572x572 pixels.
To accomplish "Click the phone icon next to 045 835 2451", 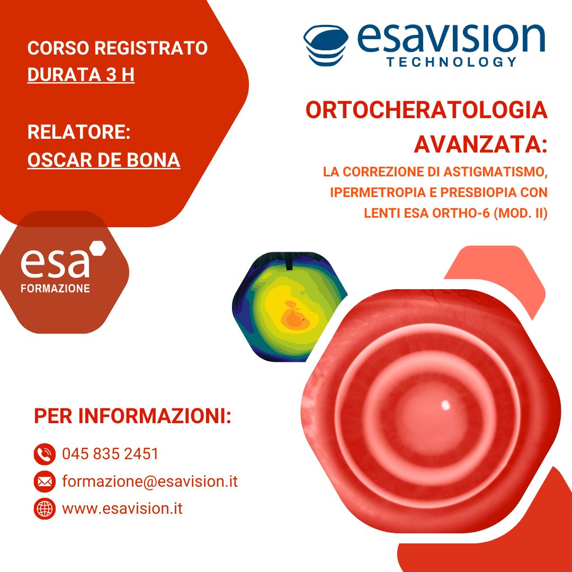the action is [x=44, y=454].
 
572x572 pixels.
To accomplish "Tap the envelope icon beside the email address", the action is [x=44, y=481].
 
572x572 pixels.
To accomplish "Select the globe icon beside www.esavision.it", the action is [x=44, y=508].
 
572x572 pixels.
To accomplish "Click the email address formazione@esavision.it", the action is [x=150, y=481].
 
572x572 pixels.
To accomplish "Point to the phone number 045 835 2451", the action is [x=111, y=454].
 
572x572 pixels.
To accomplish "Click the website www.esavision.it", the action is [x=122, y=508].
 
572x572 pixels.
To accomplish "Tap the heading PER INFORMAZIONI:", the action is [x=132, y=416].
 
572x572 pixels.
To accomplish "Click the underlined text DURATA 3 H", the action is [x=81, y=75].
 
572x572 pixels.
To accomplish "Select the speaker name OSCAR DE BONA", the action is [x=104, y=160].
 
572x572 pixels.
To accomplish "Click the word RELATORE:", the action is [x=79, y=132].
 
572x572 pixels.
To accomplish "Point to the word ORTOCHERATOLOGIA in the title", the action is [x=426, y=110].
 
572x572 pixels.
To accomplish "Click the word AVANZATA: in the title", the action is [x=481, y=144].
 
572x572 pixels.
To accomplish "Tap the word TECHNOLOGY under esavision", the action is [x=452, y=61].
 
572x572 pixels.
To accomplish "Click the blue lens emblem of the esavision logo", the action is [x=326, y=45].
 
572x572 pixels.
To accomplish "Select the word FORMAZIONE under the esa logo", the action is [x=56, y=289].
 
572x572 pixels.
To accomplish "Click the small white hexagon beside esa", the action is [x=98, y=248].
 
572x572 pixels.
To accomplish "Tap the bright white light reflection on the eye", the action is [x=445, y=405].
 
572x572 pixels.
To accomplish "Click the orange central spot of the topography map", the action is [x=294, y=317].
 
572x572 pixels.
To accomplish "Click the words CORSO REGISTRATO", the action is [x=118, y=48].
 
